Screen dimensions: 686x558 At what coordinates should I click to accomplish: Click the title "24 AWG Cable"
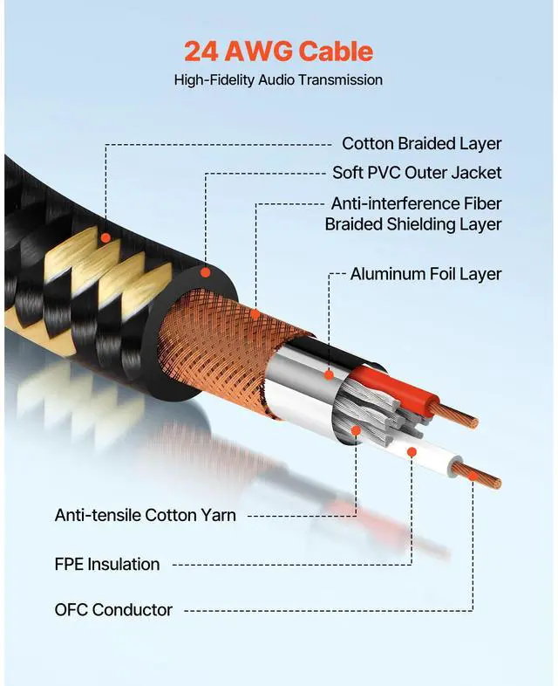278,51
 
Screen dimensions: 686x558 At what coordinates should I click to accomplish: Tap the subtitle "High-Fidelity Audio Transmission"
278,79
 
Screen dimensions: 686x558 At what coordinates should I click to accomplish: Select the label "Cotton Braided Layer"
421,143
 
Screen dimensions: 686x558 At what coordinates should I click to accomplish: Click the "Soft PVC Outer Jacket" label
417,172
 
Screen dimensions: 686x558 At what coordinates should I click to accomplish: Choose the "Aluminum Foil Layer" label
425,274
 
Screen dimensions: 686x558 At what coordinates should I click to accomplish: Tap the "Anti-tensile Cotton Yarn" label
145,515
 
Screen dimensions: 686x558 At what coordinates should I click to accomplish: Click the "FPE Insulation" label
107,564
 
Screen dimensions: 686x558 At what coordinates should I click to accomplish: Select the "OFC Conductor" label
113,609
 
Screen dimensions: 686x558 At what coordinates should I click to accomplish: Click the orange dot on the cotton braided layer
105,237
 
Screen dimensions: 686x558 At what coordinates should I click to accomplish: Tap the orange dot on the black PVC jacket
206,272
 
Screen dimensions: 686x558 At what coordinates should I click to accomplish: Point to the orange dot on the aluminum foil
330,375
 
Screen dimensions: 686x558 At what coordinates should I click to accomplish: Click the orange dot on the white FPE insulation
411,451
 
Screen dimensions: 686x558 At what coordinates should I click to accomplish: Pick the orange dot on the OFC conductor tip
473,476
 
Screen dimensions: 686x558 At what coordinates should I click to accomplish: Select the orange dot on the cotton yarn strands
356,429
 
